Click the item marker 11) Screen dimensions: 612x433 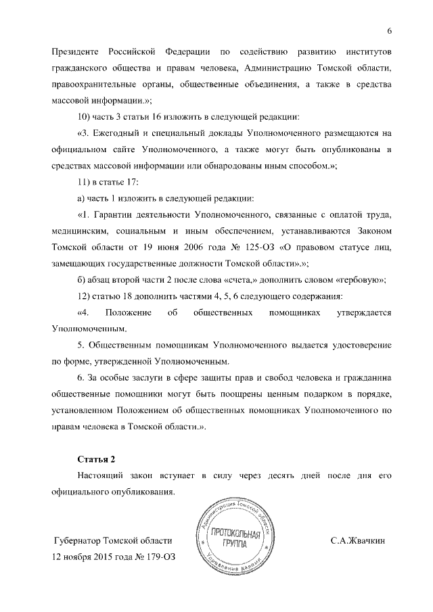tap(85, 181)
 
